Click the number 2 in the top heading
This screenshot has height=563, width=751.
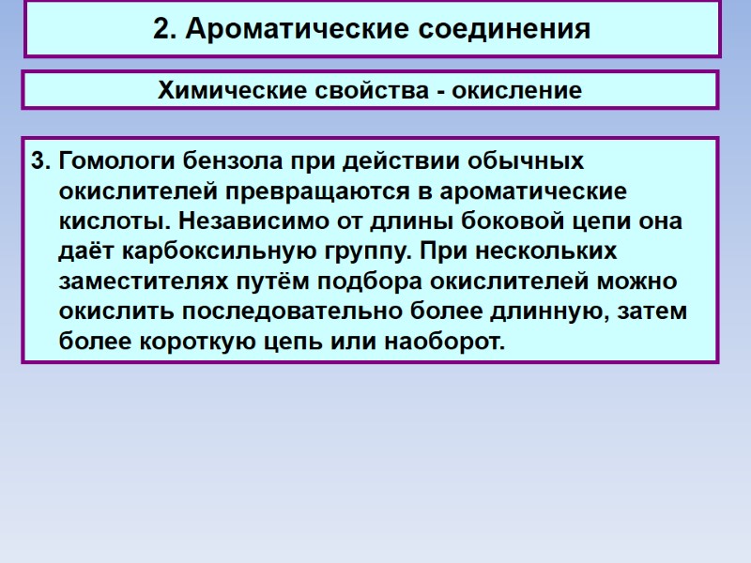pyautogui.click(x=161, y=30)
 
